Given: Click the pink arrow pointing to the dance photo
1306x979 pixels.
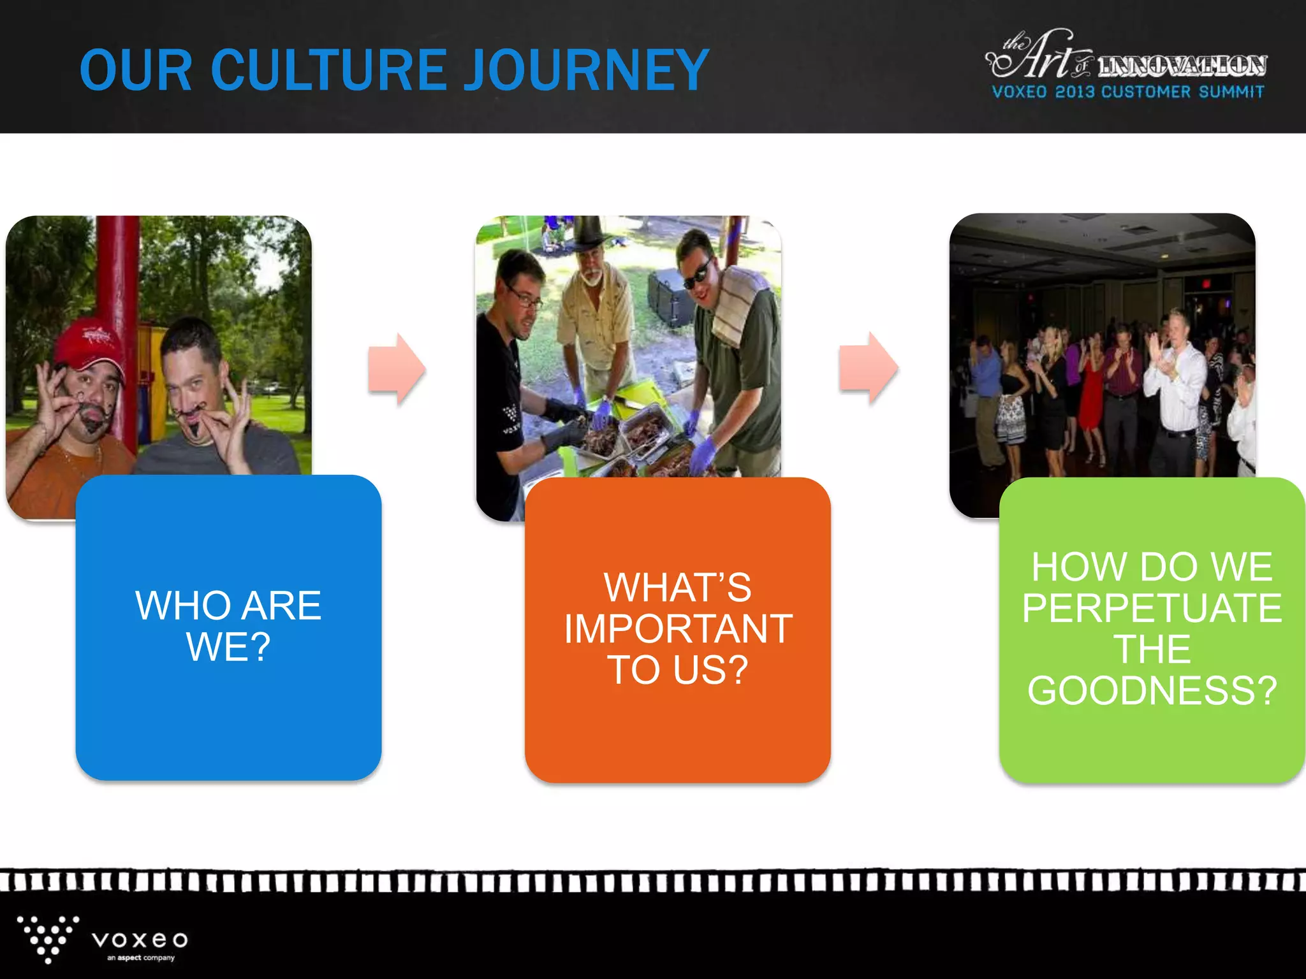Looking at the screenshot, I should pyautogui.click(x=869, y=368).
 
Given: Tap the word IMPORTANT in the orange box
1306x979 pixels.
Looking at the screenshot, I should pyautogui.click(x=678, y=629).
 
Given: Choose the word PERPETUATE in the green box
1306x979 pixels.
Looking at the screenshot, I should pyautogui.click(x=1152, y=608).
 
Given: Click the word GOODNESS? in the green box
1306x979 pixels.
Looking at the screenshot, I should pyautogui.click(x=1152, y=691).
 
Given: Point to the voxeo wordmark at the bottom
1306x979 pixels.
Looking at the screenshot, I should pyautogui.click(x=140, y=939).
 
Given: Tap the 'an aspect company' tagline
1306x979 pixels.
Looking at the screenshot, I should pyautogui.click(x=141, y=957).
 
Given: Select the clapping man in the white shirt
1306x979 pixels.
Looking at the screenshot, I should pyautogui.click(x=1177, y=382).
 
